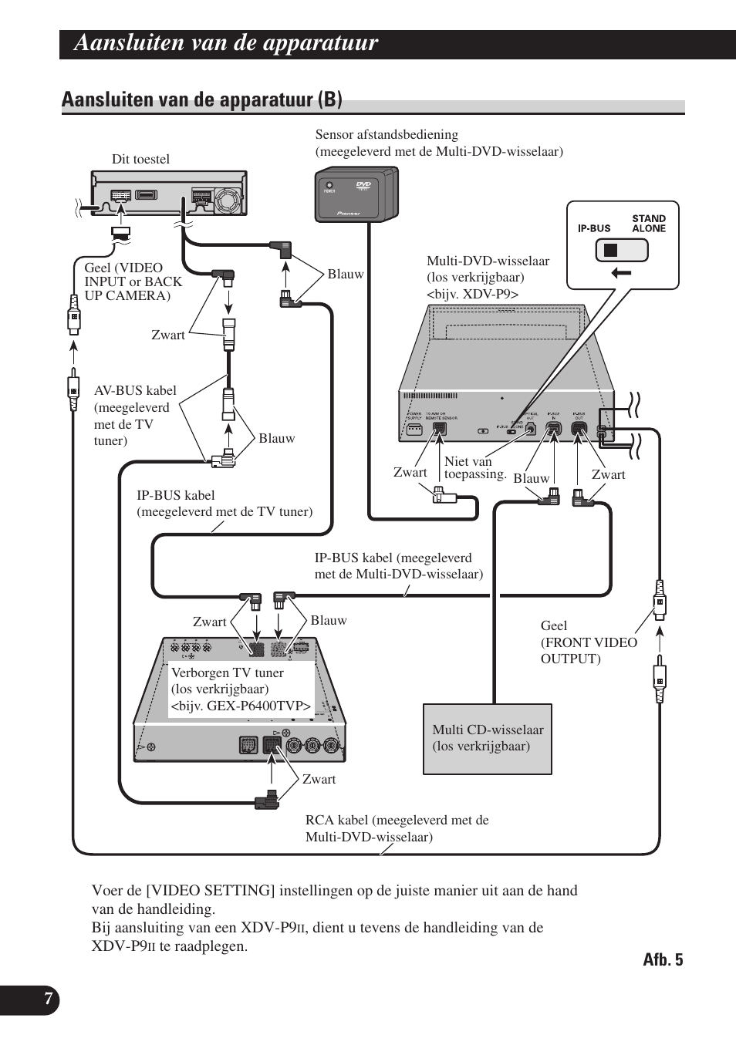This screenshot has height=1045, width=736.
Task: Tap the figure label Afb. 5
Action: (663, 959)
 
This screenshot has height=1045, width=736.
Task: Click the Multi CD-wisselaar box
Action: (488, 738)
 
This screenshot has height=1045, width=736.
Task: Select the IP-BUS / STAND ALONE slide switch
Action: (621, 250)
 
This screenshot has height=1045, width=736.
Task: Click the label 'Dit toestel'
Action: (140, 160)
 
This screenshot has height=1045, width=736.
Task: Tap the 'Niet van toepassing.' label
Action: (474, 467)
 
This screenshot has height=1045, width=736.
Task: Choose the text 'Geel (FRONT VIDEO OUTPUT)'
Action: (588, 642)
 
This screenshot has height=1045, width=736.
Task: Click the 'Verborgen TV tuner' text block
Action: (241, 689)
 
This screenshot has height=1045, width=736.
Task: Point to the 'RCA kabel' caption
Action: (397, 828)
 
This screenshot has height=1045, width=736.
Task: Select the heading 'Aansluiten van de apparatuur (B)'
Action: (201, 99)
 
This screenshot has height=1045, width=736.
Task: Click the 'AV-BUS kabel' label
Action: (134, 415)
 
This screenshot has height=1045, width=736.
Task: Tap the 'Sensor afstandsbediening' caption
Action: (438, 143)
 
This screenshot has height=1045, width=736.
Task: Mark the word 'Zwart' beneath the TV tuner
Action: (319, 779)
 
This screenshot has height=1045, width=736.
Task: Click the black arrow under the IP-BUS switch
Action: (621, 272)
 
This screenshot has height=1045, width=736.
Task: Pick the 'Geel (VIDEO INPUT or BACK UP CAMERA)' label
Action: (133, 281)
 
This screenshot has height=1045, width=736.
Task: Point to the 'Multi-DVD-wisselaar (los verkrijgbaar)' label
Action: (488, 277)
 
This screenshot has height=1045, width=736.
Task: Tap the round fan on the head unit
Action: (229, 198)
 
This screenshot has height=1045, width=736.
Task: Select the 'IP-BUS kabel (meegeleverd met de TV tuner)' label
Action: (225, 504)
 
